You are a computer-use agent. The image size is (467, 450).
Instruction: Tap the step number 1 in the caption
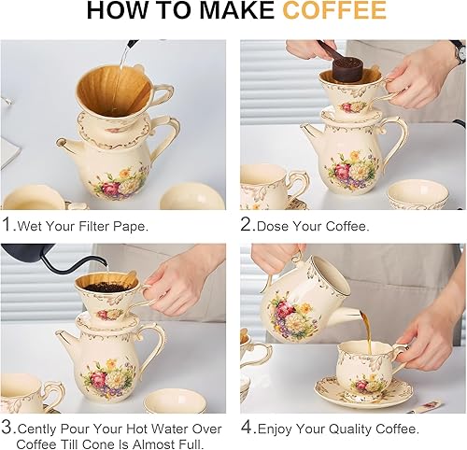click(x=7, y=224)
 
